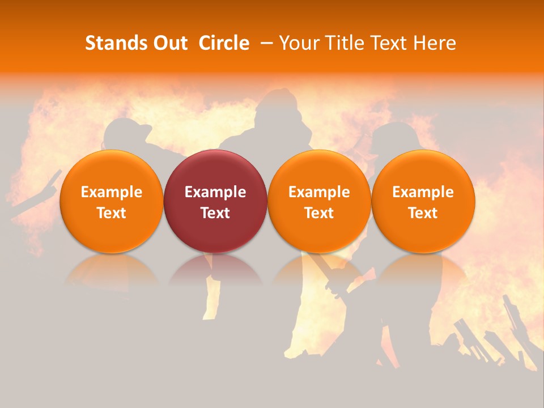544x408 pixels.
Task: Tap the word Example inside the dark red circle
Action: coord(215,192)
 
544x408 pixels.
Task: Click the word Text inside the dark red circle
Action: coord(215,213)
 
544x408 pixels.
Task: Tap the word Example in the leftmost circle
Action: coord(111,192)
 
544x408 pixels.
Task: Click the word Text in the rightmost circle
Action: coord(423,213)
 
